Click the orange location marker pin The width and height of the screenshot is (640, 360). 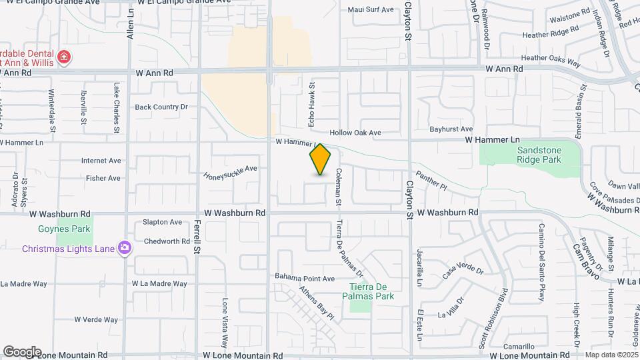point(321,159)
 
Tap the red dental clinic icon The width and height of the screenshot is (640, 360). point(64,57)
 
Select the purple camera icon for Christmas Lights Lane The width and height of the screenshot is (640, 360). point(124,248)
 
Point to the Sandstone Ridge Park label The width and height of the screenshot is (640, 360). point(539,155)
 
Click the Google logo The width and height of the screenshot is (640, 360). point(22,351)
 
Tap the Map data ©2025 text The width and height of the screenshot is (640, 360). point(611,355)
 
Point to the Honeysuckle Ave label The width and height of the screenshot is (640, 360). point(230,172)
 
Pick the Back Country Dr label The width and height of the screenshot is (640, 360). point(162,107)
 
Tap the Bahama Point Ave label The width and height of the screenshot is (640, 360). point(305,277)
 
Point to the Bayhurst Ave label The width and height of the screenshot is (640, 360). point(451,129)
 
